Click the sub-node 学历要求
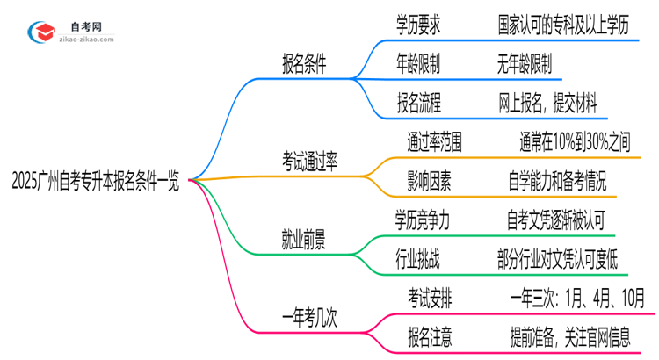point(419,25)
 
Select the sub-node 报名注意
point(431,335)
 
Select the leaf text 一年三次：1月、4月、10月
point(577,296)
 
